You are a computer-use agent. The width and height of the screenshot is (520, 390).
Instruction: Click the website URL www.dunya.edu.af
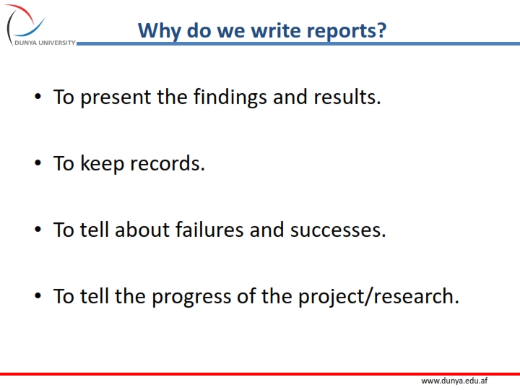(454, 381)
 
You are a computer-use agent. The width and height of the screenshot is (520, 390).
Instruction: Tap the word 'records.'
(168, 163)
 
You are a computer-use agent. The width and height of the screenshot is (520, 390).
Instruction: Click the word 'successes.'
(338, 230)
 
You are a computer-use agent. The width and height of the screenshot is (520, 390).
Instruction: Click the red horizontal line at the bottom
(260, 373)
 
